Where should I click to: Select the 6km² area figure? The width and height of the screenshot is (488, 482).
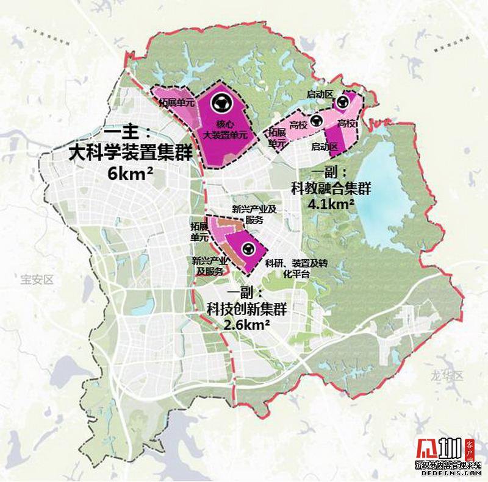tap(130, 174)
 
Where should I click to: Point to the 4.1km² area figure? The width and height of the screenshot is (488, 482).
tap(332, 204)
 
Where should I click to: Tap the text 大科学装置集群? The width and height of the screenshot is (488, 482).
tap(131, 152)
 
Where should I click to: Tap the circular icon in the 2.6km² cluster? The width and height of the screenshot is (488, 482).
tap(248, 248)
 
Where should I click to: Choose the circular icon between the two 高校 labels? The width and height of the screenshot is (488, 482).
tap(316, 121)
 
